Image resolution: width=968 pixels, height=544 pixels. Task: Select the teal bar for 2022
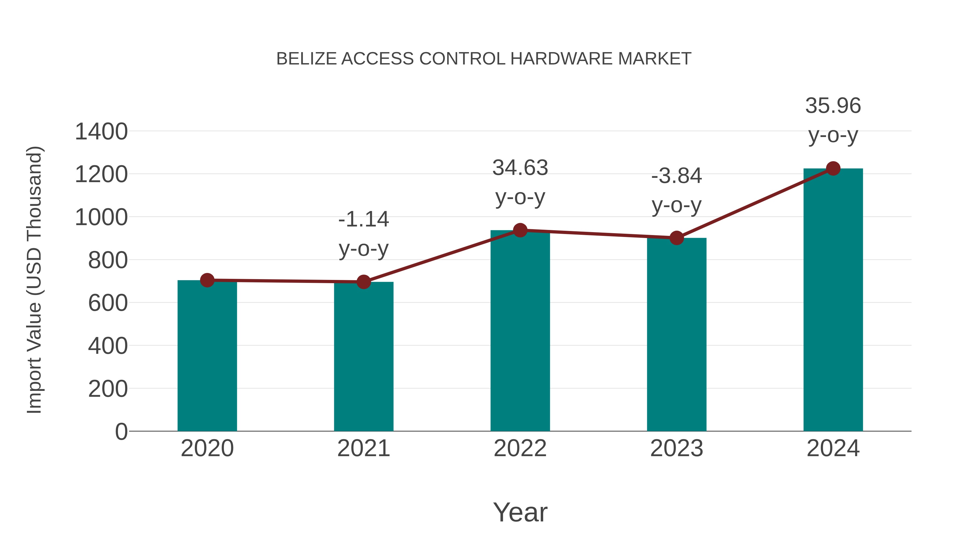(520, 330)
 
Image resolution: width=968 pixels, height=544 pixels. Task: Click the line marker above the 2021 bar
(363, 282)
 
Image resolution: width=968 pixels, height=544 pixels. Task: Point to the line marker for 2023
(677, 238)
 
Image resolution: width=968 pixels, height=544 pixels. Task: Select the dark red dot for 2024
(833, 168)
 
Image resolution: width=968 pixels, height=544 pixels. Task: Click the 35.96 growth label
(833, 106)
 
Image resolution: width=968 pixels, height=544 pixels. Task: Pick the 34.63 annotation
(520, 168)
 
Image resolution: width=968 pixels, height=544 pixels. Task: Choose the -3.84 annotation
(677, 176)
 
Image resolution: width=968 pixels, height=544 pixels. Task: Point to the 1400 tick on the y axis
(101, 132)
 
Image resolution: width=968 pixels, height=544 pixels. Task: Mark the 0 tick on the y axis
(121, 431)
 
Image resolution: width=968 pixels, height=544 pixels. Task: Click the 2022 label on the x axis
(520, 448)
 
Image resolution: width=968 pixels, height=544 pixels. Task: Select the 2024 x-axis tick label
(833, 448)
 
